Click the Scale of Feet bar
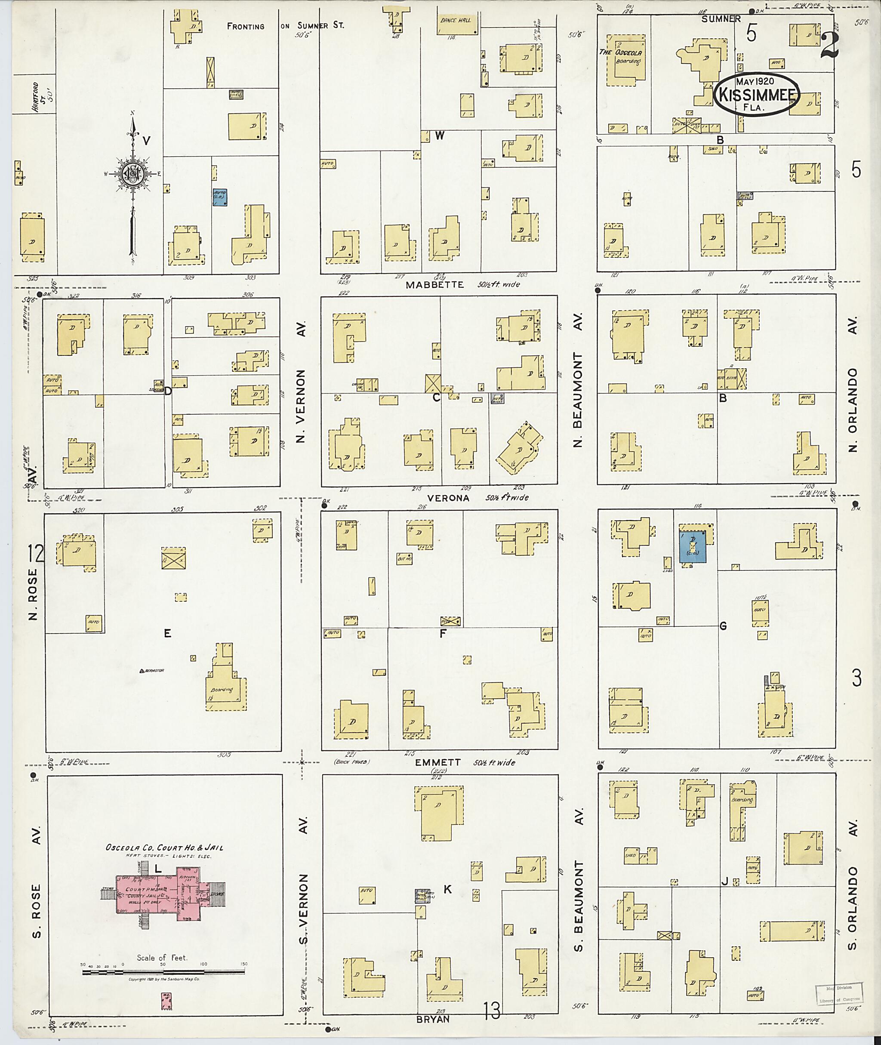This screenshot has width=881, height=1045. (163, 972)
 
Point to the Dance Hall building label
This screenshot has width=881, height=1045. (455, 21)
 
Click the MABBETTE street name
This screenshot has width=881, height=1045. (434, 285)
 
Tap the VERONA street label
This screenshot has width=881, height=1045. (449, 498)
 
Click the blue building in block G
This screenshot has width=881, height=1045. (693, 546)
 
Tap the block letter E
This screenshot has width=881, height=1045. (167, 633)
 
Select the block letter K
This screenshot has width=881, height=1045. (447, 889)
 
